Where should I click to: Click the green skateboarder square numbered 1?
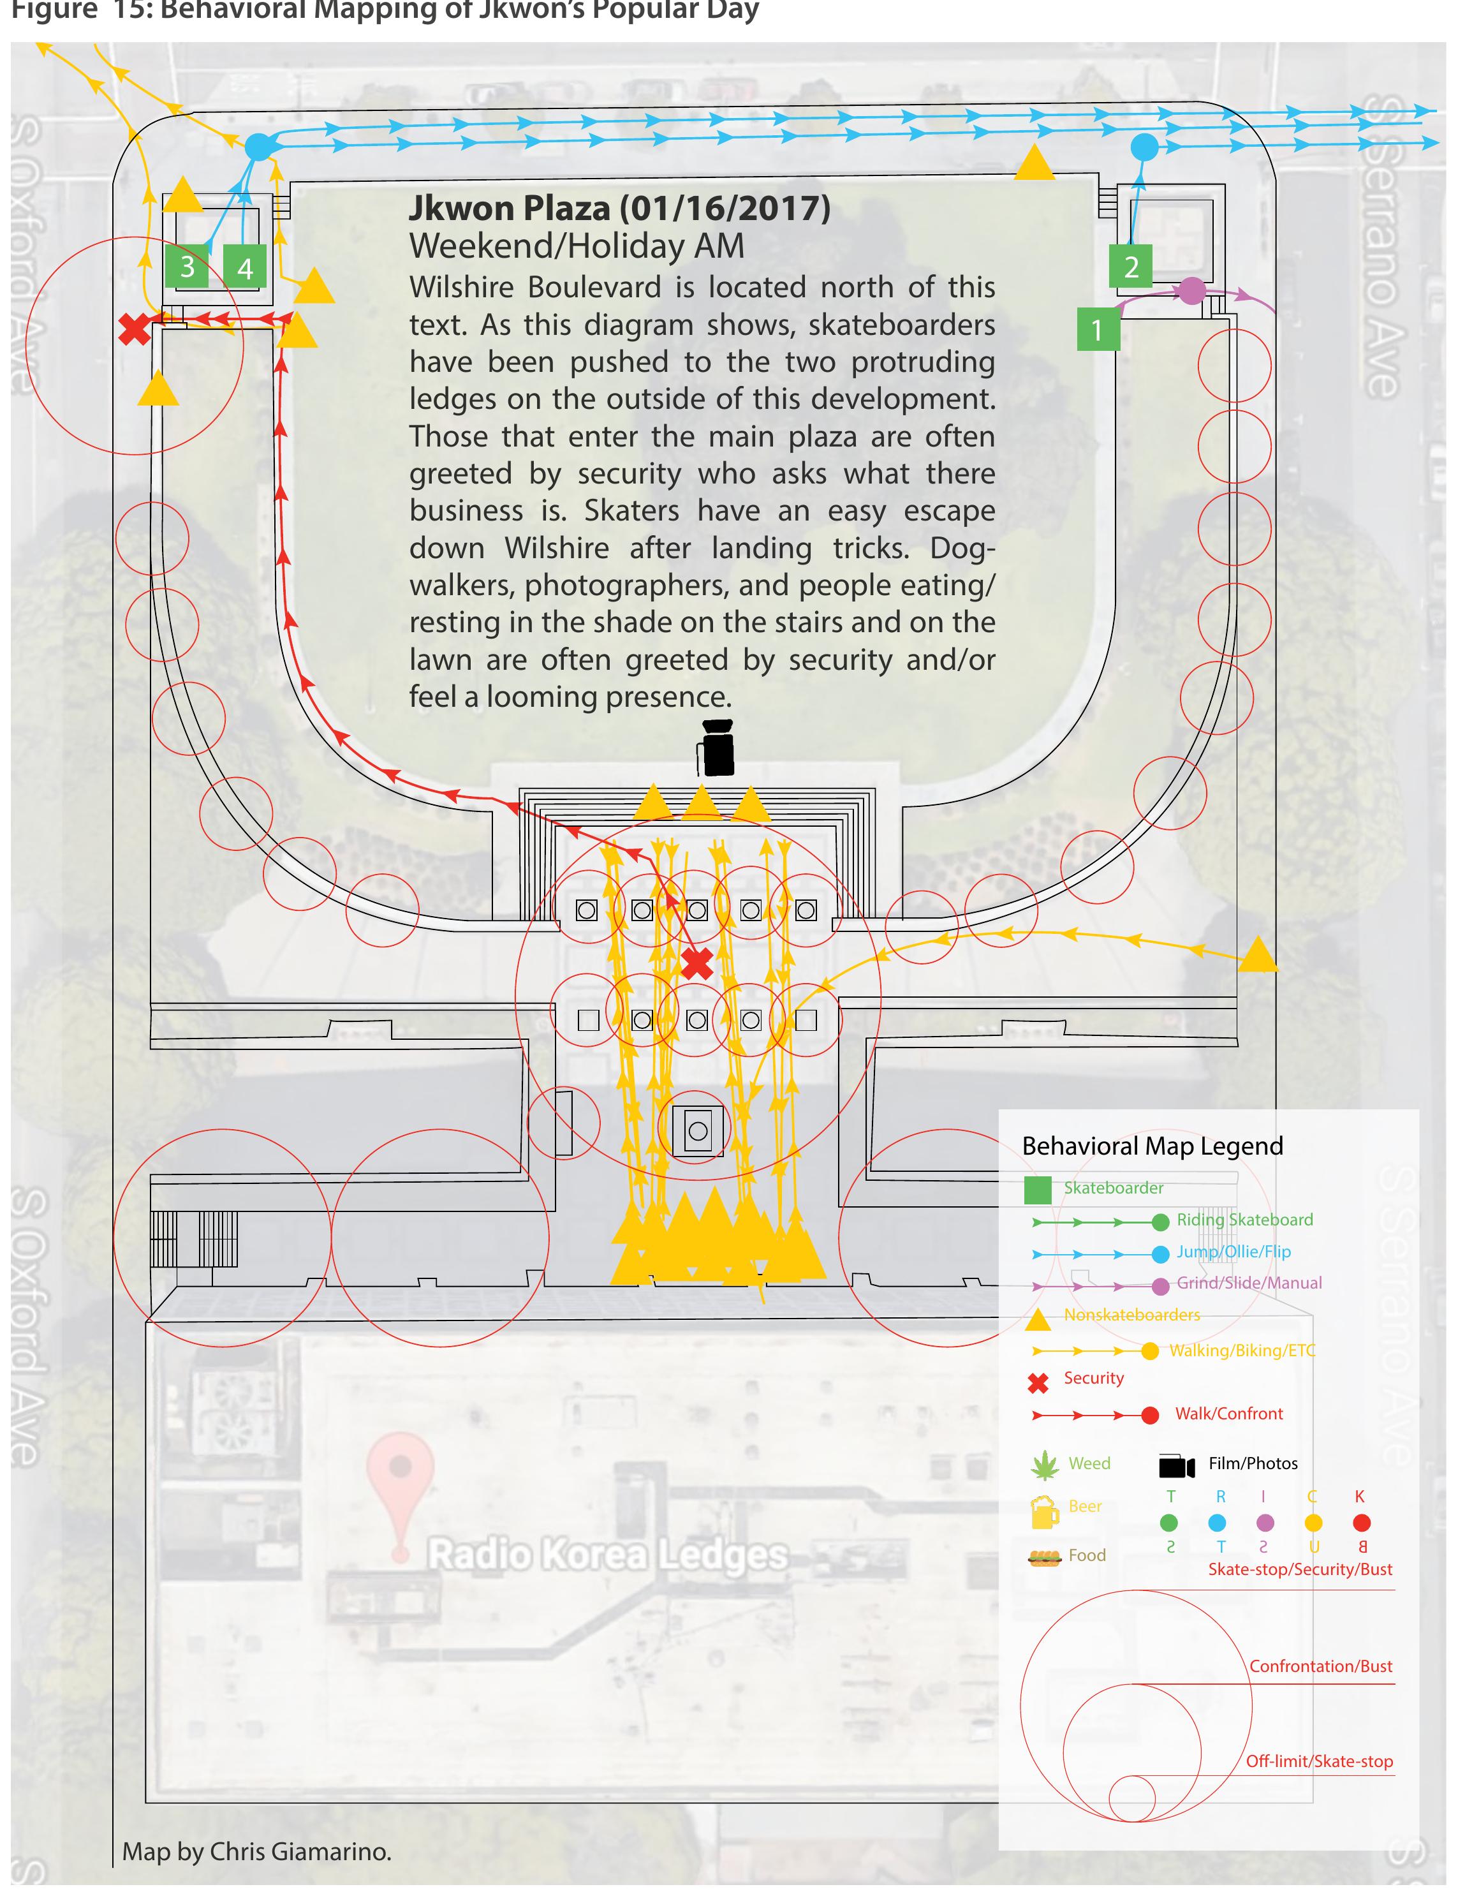pos(1097,329)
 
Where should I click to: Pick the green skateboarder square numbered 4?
pos(245,267)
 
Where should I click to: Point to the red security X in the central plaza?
pos(697,963)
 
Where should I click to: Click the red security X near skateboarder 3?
pos(135,329)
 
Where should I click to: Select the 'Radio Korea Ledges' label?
pos(607,1555)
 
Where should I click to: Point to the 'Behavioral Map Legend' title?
pos(1152,1146)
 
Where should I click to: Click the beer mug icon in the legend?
pos(1044,1511)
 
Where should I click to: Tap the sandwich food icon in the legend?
pos(1044,1557)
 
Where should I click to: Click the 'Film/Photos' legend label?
pos(1253,1463)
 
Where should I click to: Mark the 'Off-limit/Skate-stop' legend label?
pos(1318,1761)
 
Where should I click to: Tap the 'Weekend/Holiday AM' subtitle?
pos(577,246)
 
